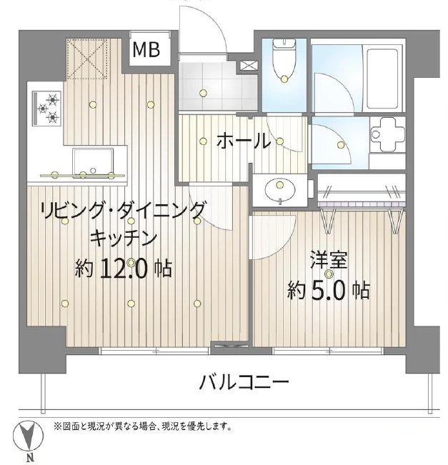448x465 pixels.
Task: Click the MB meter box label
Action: pos(146,49)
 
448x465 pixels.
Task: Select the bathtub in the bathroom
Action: pos(382,79)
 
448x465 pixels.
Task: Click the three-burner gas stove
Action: pos(48,109)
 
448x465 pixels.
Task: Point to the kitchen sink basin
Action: pos(93,163)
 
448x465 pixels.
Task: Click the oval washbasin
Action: pos(280,190)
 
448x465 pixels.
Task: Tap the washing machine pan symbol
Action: pos(388,134)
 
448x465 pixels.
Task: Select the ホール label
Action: pos(243,141)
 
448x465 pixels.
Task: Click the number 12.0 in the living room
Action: pos(124,269)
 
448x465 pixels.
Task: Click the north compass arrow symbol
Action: pos(29,436)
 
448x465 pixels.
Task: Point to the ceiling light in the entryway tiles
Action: pos(203,93)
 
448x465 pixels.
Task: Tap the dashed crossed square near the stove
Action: pos(86,59)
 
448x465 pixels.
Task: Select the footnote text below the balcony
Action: pos(142,426)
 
